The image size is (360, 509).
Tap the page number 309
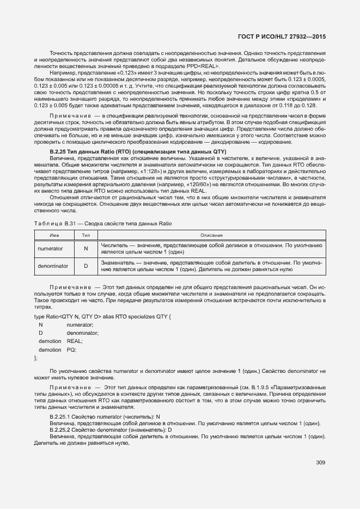coord(320,463)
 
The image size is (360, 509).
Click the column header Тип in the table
coord(86,235)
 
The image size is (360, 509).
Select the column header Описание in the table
coord(211,235)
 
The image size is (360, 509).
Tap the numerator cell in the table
coord(50,249)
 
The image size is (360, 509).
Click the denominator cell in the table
coord(52,266)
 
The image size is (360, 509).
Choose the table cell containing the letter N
coord(86,249)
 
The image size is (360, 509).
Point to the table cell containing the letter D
coord(86,266)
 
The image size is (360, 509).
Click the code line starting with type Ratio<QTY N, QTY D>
coord(103,316)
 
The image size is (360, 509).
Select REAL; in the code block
coord(75,341)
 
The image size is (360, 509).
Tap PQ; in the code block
coord(72,349)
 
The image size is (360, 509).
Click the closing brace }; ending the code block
coord(36,358)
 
